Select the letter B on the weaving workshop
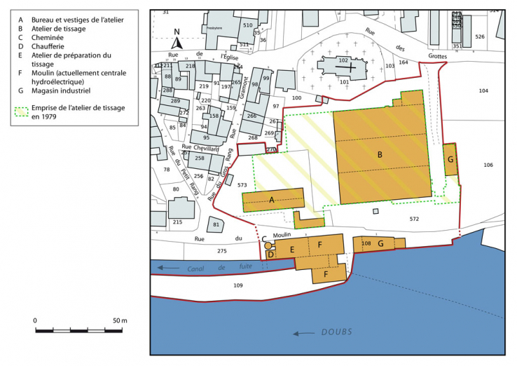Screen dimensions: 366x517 (x=380, y=154)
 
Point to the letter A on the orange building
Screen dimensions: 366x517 (x=273, y=199)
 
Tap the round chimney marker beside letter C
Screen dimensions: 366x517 (x=268, y=245)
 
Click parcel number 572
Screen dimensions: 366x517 (x=414, y=219)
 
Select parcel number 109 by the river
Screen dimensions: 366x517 (x=237, y=285)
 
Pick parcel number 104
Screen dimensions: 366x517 (x=483, y=91)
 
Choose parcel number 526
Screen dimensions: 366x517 (x=479, y=36)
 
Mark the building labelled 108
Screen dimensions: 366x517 (x=365, y=243)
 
